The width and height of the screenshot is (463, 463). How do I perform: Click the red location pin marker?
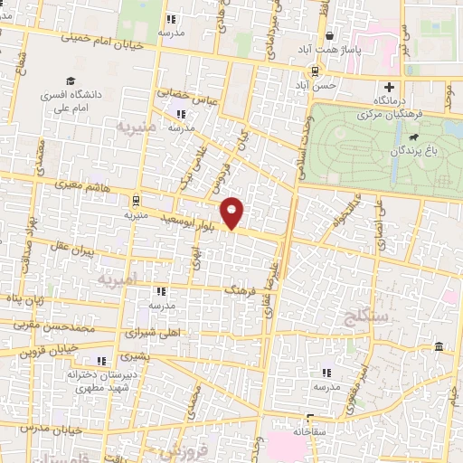[x=233, y=212]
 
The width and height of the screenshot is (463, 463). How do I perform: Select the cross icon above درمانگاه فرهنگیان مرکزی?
[x=389, y=88]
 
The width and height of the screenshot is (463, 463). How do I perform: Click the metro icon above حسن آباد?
[x=314, y=72]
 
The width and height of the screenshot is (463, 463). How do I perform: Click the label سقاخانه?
[x=309, y=432]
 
